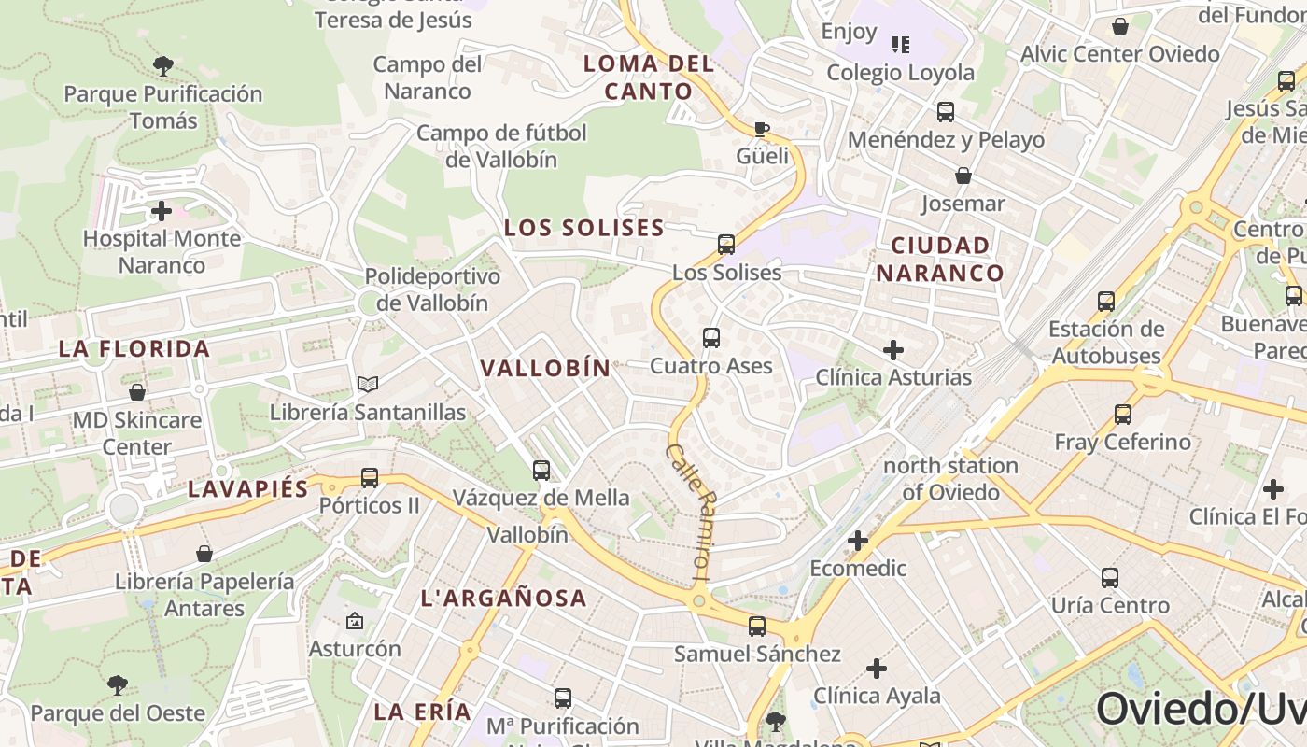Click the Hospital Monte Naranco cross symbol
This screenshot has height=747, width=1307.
click(162, 210)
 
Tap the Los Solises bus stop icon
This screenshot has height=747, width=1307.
click(726, 245)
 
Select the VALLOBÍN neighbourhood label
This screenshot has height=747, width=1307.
click(545, 368)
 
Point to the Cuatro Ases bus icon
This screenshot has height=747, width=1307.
click(711, 338)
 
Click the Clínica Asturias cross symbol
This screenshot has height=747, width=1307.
click(893, 350)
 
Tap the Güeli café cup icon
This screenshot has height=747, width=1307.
click(762, 128)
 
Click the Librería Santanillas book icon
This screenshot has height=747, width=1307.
click(368, 384)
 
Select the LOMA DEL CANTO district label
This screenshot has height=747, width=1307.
click(649, 78)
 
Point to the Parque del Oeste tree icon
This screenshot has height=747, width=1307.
click(118, 685)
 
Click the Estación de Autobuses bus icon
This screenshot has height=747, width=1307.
click(1106, 302)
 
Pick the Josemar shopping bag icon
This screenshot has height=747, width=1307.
click(963, 176)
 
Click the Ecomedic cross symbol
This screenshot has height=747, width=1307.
click(858, 541)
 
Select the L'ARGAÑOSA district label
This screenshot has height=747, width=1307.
click(503, 599)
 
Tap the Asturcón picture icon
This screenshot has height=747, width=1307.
click(355, 621)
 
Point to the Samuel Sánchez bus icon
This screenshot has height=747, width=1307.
click(757, 627)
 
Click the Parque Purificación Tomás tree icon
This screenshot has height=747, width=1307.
click(163, 66)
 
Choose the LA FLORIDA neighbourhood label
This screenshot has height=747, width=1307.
click(134, 349)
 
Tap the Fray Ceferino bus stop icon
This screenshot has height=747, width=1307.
click(1123, 415)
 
